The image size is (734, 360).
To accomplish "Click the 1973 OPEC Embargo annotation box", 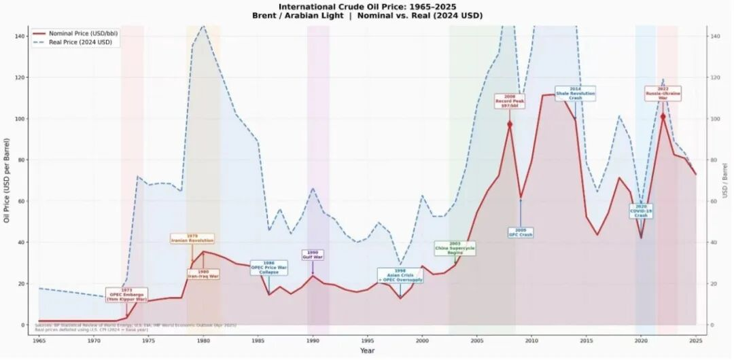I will point(126,295).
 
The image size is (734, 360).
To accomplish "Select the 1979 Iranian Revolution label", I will point(192,238).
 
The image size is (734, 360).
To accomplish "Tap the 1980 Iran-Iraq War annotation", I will point(203,274).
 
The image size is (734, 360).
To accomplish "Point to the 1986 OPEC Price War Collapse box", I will point(268,268).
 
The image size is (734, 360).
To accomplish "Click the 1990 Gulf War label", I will point(313,255).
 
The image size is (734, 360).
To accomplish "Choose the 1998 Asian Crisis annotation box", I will point(400,275).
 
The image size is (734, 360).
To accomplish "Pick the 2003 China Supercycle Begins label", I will point(455,248).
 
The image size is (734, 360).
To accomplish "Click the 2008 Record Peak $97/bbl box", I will point(510,101).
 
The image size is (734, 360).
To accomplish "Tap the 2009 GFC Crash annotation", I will point(521,232).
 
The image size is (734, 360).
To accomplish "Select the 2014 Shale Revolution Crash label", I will point(575,94).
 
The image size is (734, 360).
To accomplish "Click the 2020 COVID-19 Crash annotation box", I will point(641,211).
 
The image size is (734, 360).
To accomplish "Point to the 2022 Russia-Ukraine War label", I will point(663,94).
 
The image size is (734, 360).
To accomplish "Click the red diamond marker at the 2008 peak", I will point(510,124).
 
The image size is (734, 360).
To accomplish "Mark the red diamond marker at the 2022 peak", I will point(663,116).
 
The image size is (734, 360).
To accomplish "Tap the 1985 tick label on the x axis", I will point(258,340).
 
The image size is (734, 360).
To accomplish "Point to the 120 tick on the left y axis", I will point(22,77).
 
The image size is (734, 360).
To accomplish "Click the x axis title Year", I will point(367,350).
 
